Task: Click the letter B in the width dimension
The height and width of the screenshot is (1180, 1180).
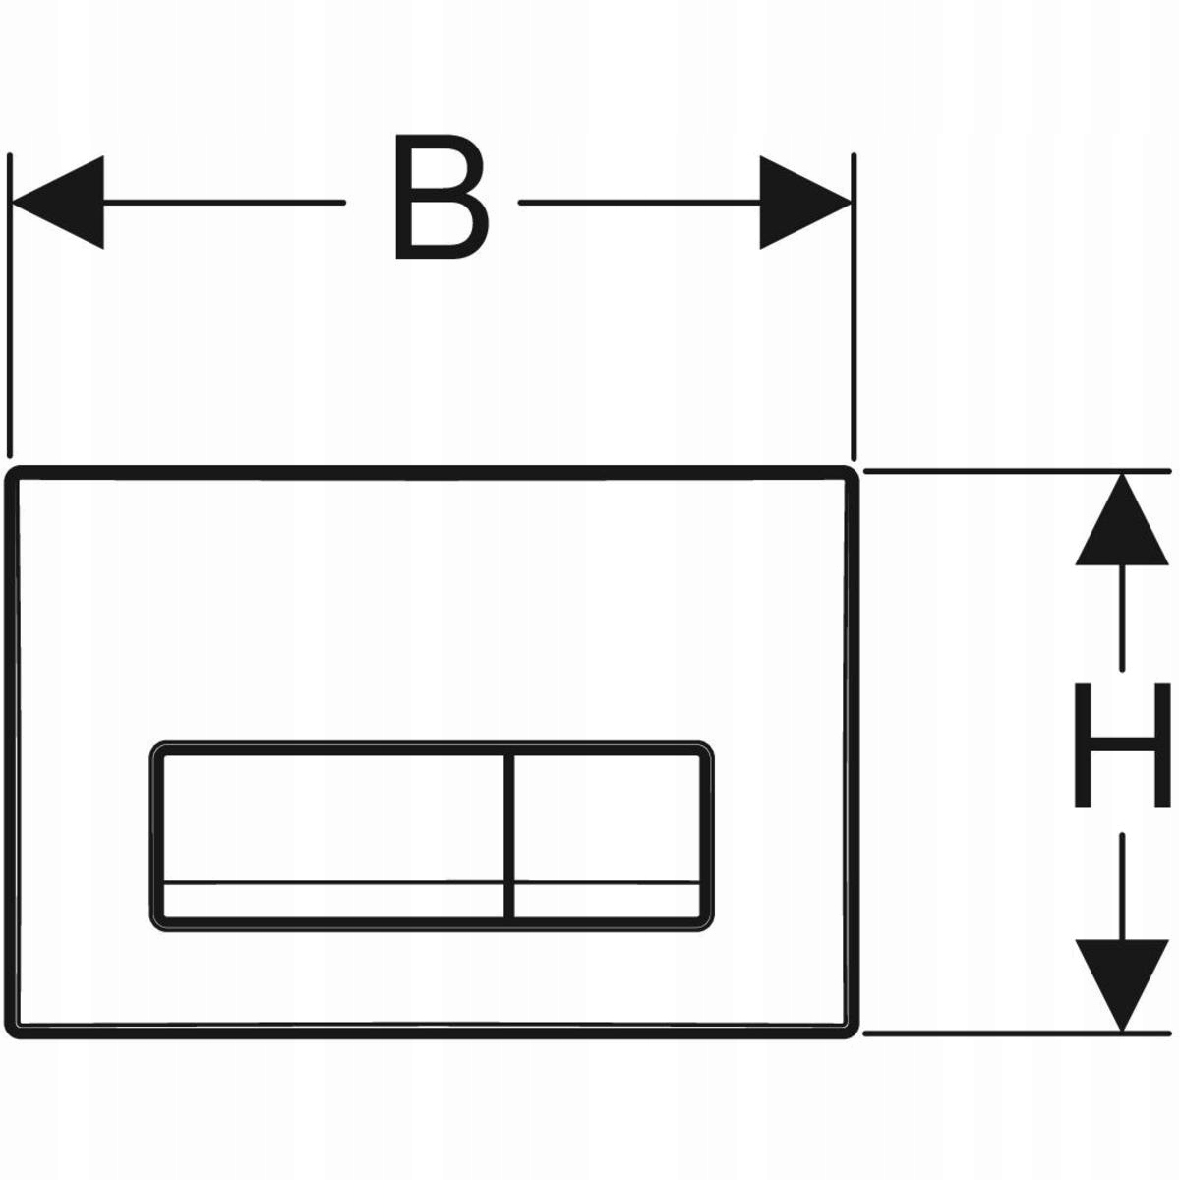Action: [440, 199]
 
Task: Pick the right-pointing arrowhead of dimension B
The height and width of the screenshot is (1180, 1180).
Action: [804, 203]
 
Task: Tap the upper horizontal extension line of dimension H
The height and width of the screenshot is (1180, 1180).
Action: [1013, 472]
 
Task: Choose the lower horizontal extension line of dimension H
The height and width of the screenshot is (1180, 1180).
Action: [1013, 1032]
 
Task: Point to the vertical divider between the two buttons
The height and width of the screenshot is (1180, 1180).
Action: [509, 836]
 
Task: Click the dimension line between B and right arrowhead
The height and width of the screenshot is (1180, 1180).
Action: [639, 203]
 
